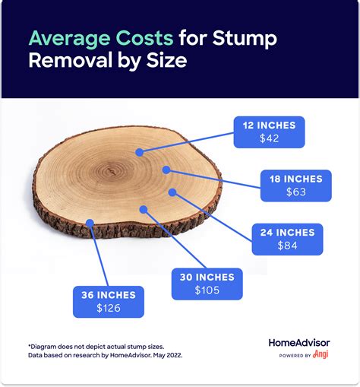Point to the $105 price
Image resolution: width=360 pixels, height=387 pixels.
pyautogui.click(x=207, y=290)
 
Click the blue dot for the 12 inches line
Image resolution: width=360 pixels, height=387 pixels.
pyautogui.click(x=140, y=152)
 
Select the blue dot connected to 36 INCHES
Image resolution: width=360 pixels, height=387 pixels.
pyautogui.click(x=90, y=224)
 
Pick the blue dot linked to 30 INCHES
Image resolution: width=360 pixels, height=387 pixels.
pyautogui.click(x=141, y=208)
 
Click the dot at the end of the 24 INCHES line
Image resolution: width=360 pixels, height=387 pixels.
pyautogui.click(x=172, y=192)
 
